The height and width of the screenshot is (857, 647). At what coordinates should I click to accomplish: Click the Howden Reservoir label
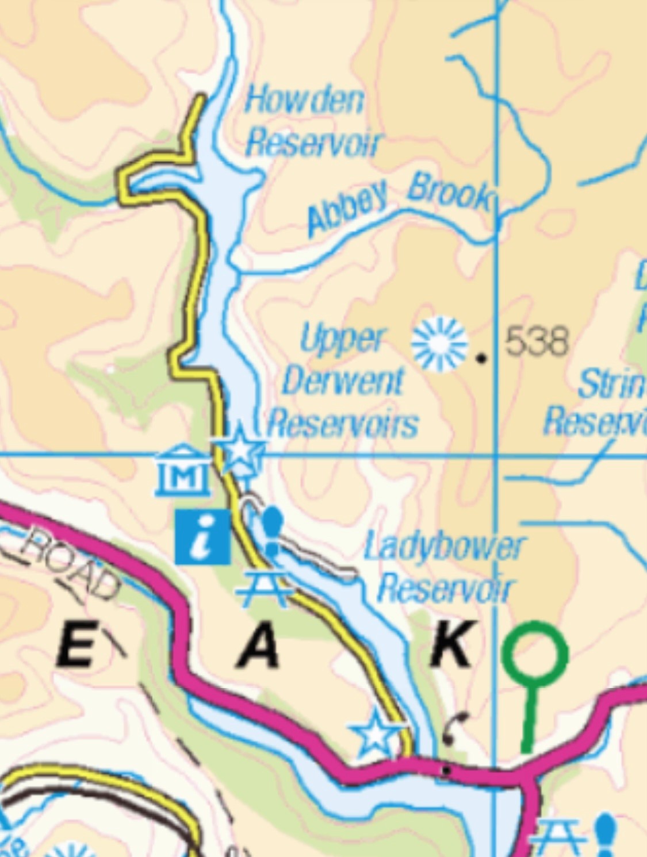(312, 122)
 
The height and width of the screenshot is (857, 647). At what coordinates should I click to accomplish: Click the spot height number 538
(537, 341)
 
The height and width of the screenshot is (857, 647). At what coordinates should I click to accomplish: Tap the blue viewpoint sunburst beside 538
(439, 343)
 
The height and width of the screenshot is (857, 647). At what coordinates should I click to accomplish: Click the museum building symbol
(183, 471)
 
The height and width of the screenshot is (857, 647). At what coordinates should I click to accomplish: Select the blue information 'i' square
(202, 537)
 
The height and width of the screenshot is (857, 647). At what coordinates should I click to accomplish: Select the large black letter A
(259, 646)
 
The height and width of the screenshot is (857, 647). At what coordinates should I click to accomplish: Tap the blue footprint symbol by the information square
(272, 531)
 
